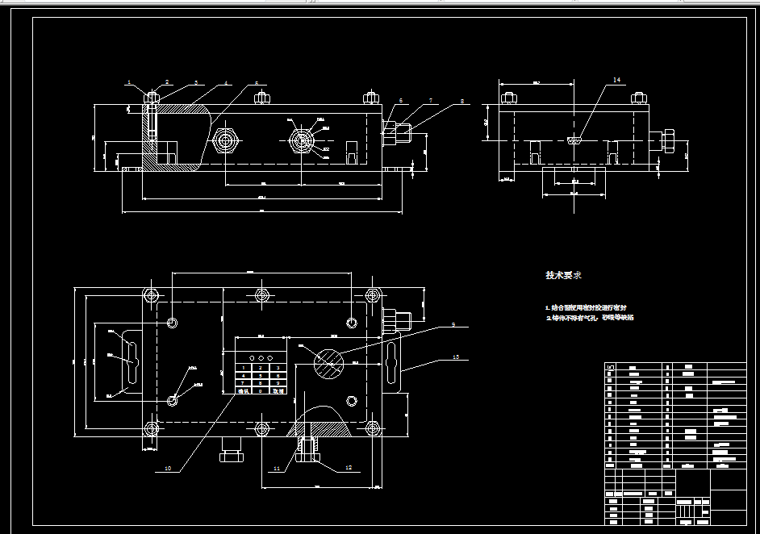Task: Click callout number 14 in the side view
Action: [617, 81]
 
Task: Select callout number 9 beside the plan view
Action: [453, 324]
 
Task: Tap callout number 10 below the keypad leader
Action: [168, 468]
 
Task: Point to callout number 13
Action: [456, 357]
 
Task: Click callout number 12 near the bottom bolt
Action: [349, 468]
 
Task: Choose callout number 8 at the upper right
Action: [461, 102]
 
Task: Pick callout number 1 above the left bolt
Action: [127, 82]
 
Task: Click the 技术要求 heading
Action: [563, 275]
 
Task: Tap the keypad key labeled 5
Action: [261, 376]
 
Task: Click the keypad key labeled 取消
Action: [278, 390]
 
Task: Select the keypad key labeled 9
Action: [278, 383]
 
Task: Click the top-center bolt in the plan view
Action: [261, 294]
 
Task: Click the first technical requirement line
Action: [587, 308]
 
